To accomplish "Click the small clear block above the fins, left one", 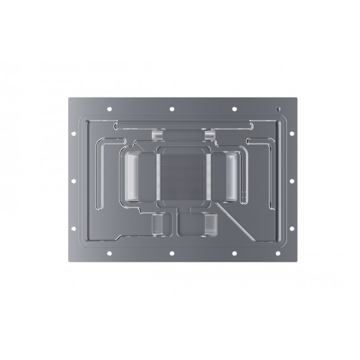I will [x=157, y=135].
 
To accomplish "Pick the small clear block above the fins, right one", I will [x=209, y=135].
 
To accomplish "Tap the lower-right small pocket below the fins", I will [x=211, y=223].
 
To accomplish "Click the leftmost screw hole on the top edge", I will [x=109, y=109].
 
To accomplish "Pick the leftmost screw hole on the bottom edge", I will [x=109, y=253].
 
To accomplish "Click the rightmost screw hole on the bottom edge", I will [x=277, y=253].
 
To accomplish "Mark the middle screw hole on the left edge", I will [x=73, y=180].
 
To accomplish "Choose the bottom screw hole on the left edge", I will [x=73, y=228].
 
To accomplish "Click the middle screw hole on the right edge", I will [x=292, y=180].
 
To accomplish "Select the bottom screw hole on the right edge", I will [x=292, y=228].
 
